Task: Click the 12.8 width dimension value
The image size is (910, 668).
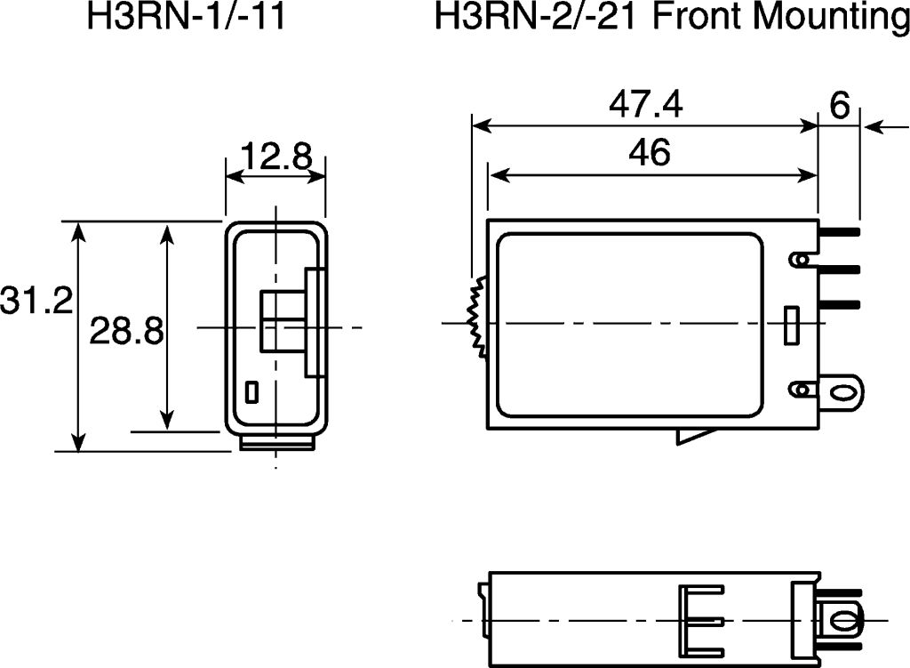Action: [275, 156]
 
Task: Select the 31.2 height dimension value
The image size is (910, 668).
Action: [36, 301]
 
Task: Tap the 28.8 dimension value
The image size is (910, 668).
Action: [126, 331]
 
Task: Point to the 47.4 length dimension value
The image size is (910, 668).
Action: [646, 105]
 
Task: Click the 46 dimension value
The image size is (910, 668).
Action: [650, 152]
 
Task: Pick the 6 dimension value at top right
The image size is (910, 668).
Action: [840, 105]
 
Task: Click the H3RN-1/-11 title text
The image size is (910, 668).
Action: [187, 16]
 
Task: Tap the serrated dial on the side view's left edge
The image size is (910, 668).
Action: [477, 316]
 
